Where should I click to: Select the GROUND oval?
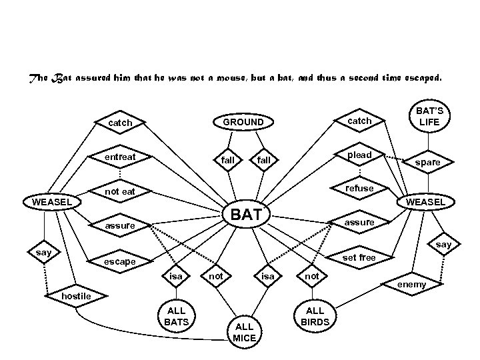pyautogui.click(x=243, y=123)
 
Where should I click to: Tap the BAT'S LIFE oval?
pyautogui.click(x=429, y=115)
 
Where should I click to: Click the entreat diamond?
pyautogui.click(x=121, y=157)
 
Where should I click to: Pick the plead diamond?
pyautogui.click(x=359, y=155)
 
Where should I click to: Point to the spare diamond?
pyautogui.click(x=427, y=162)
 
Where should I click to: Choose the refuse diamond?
pyautogui.click(x=359, y=189)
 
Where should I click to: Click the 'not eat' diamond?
pyautogui.click(x=121, y=192)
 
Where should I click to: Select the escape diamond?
pyautogui.click(x=120, y=261)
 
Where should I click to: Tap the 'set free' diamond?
pyautogui.click(x=359, y=257)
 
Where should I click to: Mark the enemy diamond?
pyautogui.click(x=411, y=285)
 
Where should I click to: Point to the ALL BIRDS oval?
pyautogui.click(x=314, y=315)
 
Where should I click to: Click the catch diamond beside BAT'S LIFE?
pyautogui.click(x=359, y=121)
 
